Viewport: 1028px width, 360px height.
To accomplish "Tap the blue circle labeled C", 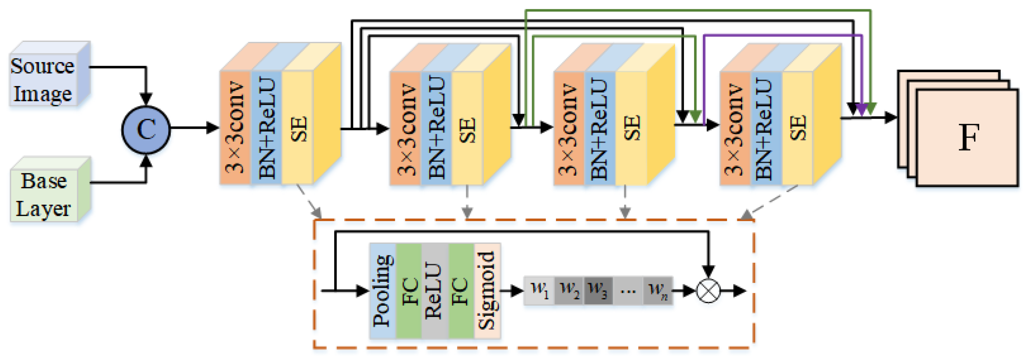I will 146,130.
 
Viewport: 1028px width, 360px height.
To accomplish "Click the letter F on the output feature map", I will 969,137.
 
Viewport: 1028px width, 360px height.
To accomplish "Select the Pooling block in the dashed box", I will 383,291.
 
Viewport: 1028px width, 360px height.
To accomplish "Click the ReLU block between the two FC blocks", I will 435,291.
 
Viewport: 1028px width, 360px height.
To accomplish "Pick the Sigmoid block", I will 487,291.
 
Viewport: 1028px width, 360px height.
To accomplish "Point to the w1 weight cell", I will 539,290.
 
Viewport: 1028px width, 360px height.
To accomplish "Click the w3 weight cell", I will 598,290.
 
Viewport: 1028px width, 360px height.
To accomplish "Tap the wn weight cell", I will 658,290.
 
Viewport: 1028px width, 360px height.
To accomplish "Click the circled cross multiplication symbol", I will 708,291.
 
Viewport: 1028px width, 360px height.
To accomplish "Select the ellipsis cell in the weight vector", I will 628,290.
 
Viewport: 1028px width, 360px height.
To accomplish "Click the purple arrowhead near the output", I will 862,109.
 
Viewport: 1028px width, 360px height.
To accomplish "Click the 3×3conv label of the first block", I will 235,128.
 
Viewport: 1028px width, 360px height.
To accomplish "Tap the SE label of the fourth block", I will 798,128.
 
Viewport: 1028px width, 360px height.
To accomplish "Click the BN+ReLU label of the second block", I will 437,128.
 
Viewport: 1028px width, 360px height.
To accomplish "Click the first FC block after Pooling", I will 409,291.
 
